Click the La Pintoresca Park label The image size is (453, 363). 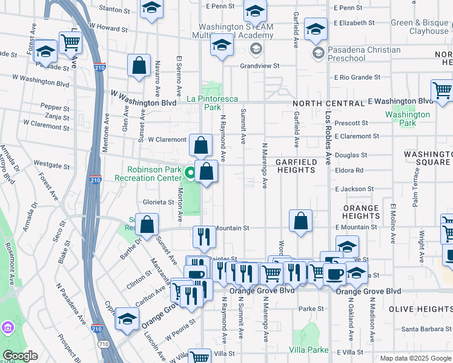point(211,103)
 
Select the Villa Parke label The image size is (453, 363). point(308,350)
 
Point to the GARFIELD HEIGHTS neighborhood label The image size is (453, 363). point(296,166)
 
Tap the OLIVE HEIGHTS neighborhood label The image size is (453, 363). point(420,309)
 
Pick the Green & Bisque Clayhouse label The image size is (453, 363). point(420,27)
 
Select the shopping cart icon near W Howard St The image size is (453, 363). point(71,42)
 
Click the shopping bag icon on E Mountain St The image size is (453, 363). point(300,221)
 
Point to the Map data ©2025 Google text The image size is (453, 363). point(415,358)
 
